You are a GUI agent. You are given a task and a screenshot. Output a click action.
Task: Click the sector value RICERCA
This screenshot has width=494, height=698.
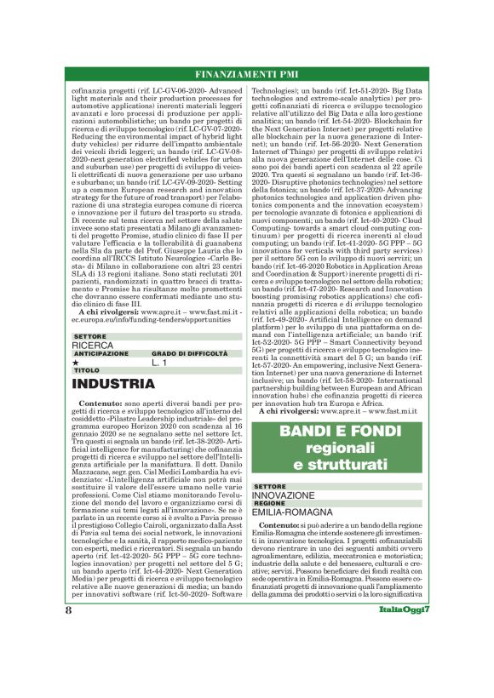pyautogui.click(x=92, y=346)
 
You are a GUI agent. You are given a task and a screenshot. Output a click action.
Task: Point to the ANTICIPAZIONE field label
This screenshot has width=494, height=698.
pyautogui.click(x=101, y=354)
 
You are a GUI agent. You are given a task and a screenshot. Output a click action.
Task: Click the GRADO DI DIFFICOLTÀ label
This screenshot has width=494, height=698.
pyautogui.click(x=187, y=354)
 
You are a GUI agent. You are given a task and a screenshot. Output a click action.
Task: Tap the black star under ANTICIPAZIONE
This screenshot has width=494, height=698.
pyautogui.click(x=77, y=363)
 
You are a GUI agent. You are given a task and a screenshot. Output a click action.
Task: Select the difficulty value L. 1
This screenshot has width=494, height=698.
pyautogui.click(x=161, y=363)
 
